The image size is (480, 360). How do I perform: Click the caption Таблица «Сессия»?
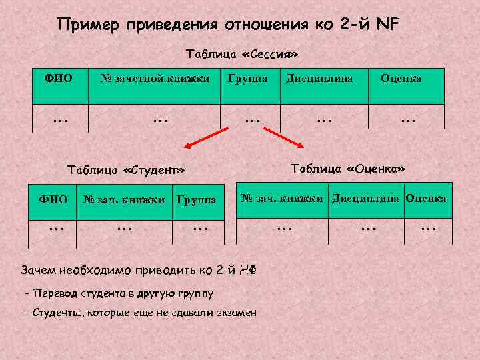tap(241, 53)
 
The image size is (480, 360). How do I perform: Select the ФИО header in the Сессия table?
tap(58, 79)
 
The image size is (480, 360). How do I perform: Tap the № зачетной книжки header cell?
tap(155, 79)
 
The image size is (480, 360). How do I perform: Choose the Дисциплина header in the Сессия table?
tap(320, 79)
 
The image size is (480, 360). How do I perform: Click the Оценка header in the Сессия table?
tap(401, 79)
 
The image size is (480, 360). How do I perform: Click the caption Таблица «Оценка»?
tap(349, 166)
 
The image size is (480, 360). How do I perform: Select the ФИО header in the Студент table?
tap(54, 199)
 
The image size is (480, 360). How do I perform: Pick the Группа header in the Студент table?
tap(195, 199)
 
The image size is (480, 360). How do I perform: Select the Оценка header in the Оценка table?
tap(426, 198)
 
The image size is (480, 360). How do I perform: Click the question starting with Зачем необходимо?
tap(138, 270)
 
